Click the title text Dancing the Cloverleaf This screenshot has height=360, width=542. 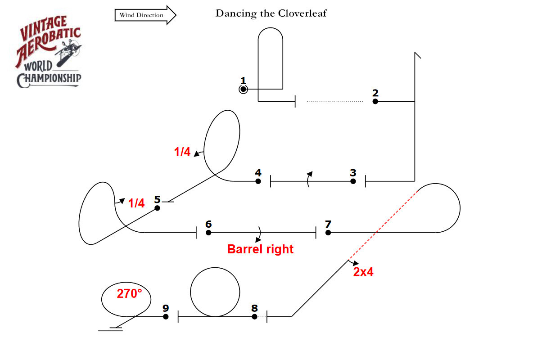[271, 13]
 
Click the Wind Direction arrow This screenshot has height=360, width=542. [145, 15]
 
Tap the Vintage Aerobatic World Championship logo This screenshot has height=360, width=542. [49, 52]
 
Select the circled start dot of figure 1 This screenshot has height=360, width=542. [244, 90]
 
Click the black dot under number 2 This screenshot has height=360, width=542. [375, 101]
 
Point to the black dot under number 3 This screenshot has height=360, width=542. [353, 181]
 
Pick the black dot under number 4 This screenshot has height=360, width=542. [258, 181]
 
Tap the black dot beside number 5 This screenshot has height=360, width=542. [158, 208]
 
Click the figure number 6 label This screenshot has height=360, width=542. [208, 224]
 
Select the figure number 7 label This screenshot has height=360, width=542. [328, 224]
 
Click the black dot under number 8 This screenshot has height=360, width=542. [255, 317]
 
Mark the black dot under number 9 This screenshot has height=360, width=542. [166, 317]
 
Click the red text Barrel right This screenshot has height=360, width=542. [260, 249]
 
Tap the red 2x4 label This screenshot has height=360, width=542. [363, 272]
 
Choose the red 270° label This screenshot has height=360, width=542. [129, 293]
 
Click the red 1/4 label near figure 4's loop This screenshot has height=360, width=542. [182, 152]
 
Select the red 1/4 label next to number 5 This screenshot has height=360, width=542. [136, 203]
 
